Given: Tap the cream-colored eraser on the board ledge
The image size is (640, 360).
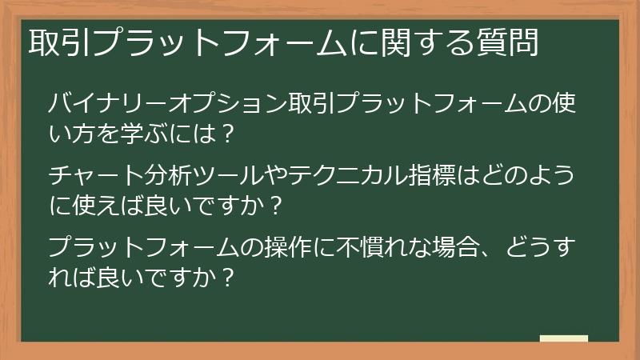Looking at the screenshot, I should tap(563, 338).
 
